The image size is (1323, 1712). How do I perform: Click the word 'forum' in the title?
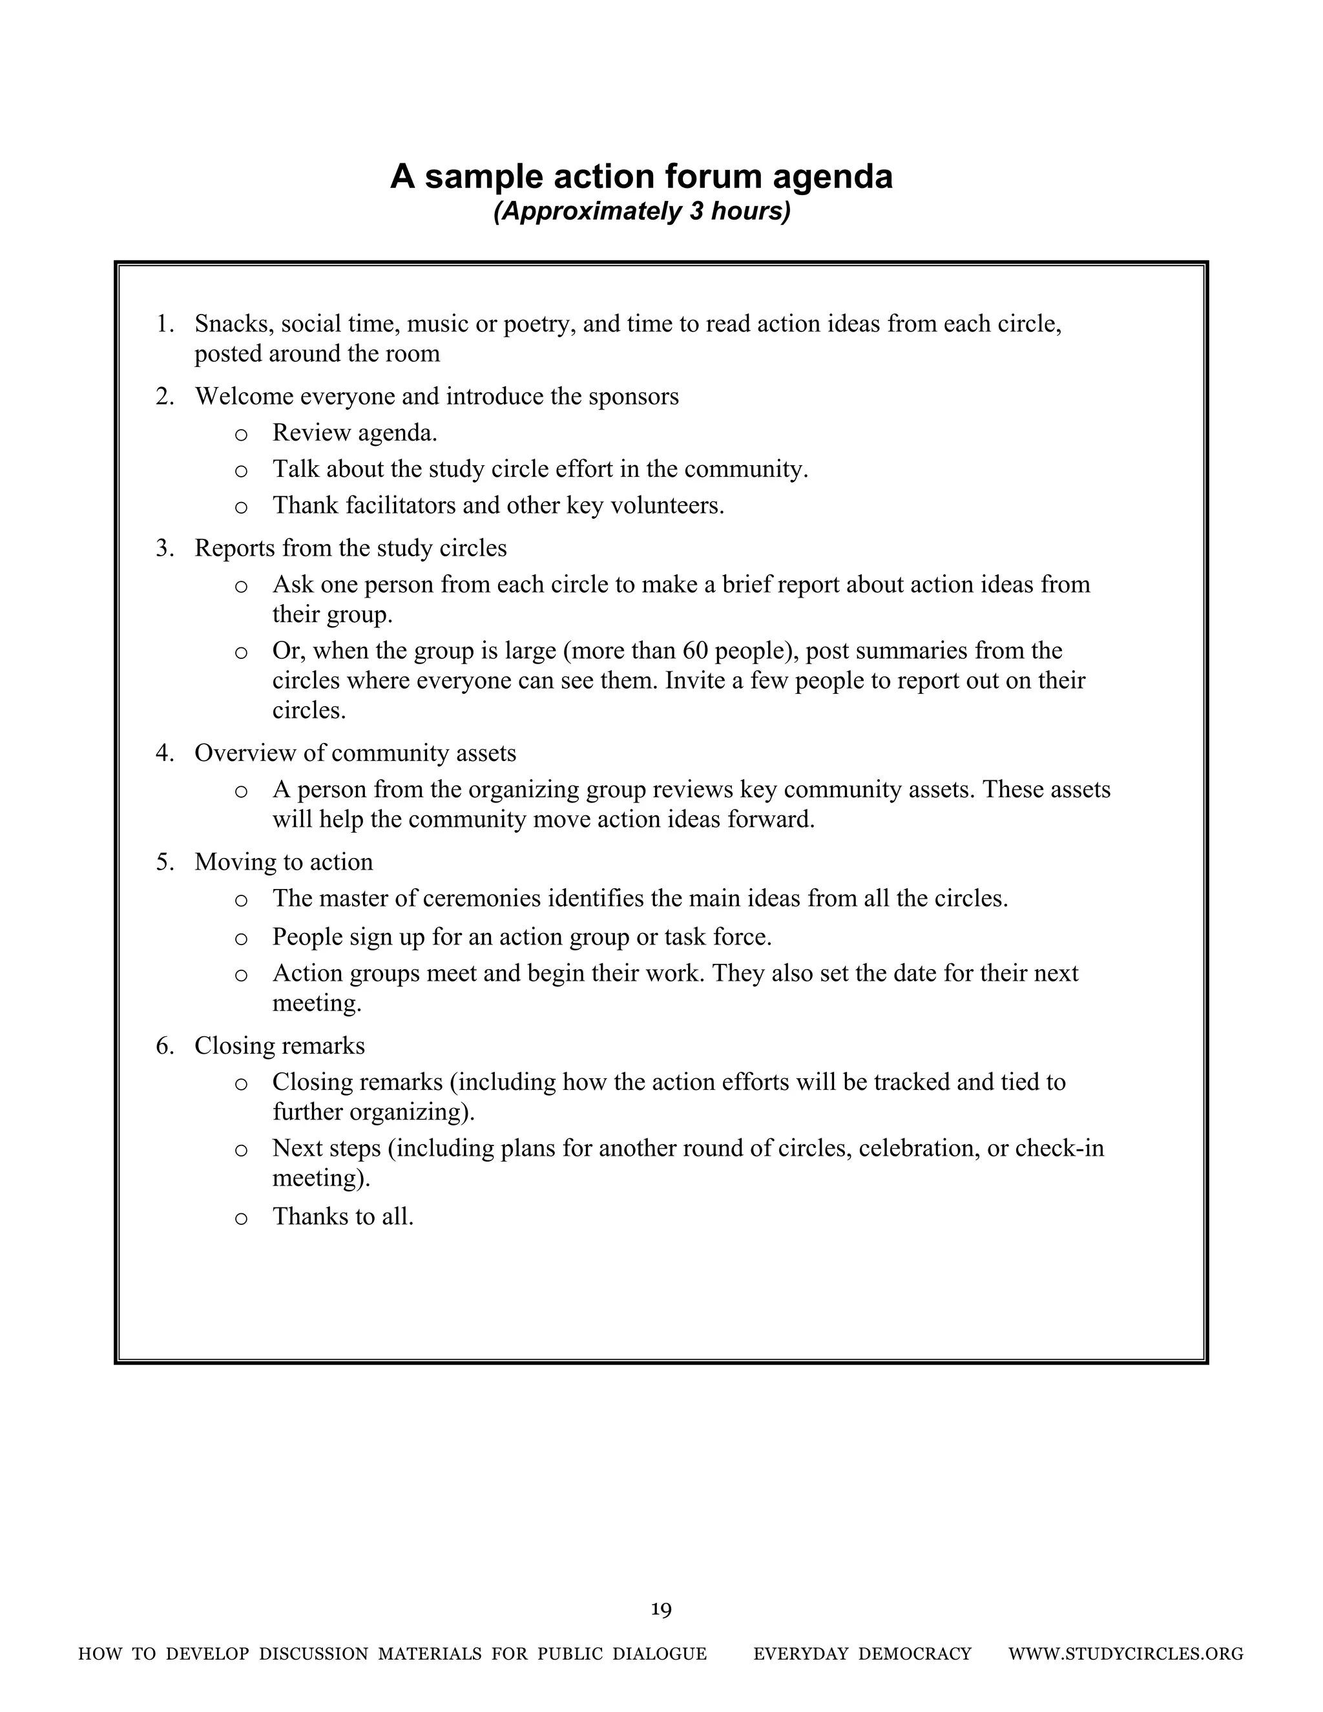pos(713,176)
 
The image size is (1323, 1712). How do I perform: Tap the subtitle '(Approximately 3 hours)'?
pos(641,212)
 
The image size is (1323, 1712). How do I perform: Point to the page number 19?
pos(661,1610)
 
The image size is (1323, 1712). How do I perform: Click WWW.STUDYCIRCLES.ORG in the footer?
pos(1125,1654)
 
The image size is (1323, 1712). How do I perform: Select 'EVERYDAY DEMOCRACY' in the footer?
pos(862,1654)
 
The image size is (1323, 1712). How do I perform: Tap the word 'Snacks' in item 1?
pos(231,324)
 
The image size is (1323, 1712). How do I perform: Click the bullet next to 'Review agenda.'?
pos(242,434)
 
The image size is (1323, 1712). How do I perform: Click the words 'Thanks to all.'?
pos(342,1216)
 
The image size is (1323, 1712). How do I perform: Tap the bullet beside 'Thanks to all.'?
pos(242,1218)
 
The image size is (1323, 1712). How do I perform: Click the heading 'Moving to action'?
pos(284,862)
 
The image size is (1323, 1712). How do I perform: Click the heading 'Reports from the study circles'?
pos(350,548)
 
